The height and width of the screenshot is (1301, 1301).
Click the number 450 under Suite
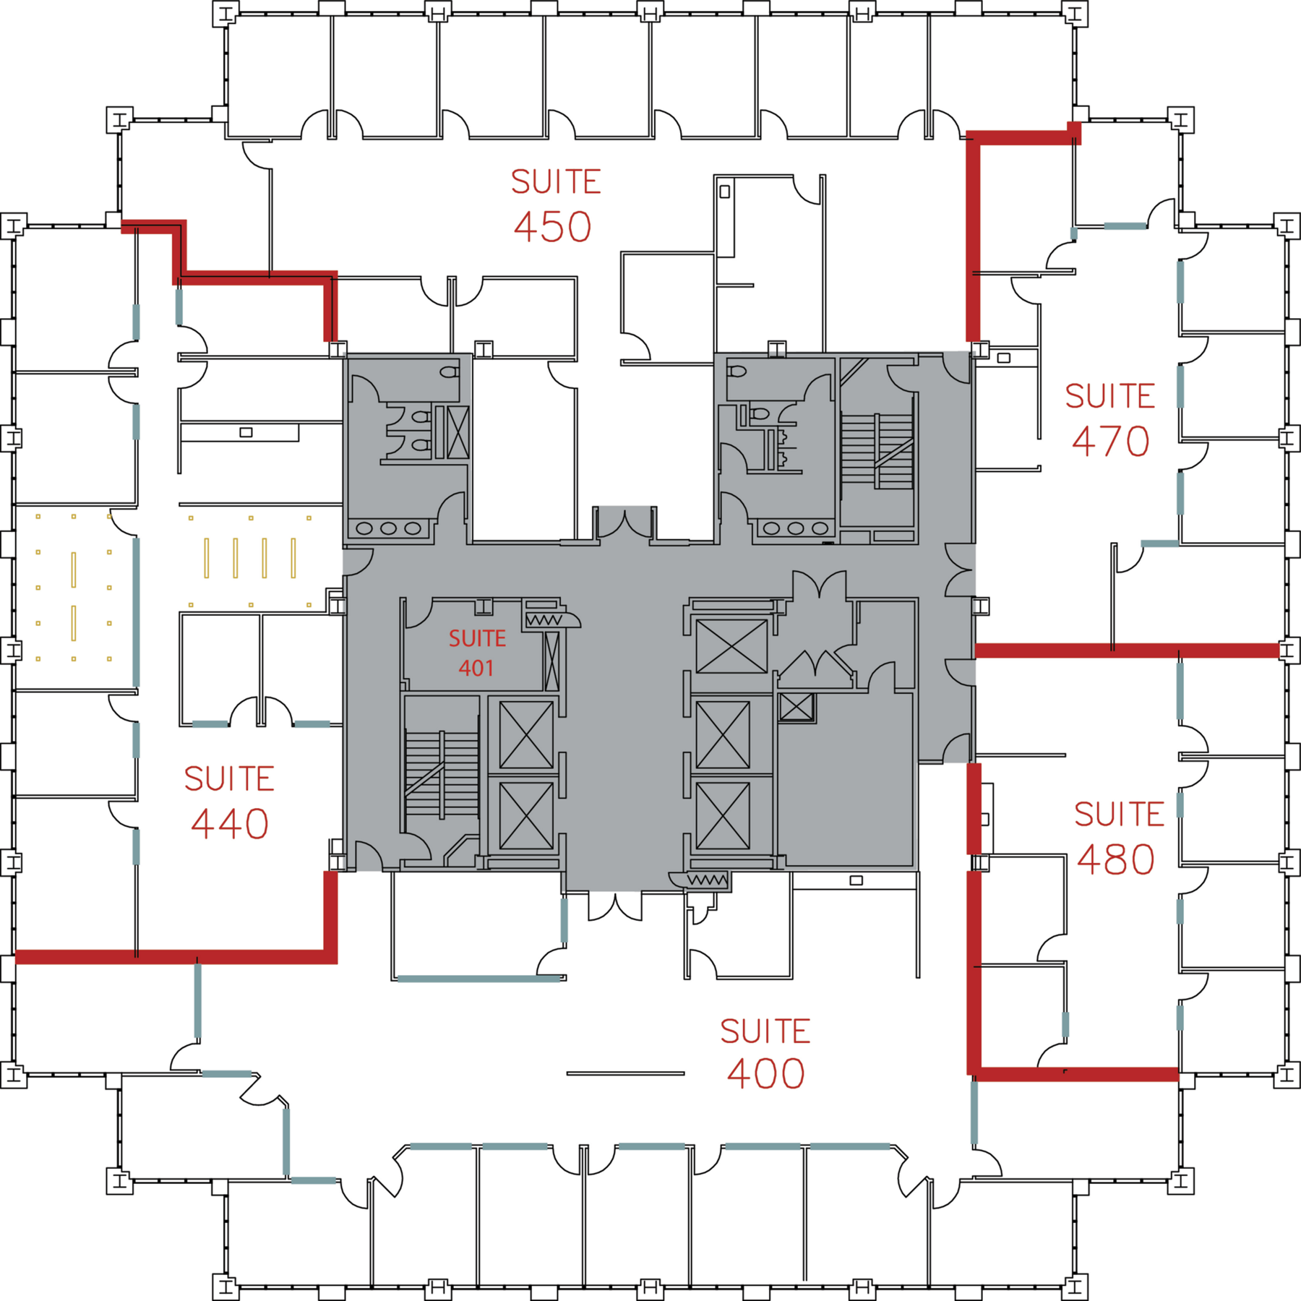(x=553, y=227)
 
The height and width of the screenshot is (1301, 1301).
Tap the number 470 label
(x=1110, y=442)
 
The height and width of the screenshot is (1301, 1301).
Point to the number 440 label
(x=230, y=824)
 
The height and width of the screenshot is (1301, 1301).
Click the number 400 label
(x=766, y=1074)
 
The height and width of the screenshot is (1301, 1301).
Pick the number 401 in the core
(x=476, y=668)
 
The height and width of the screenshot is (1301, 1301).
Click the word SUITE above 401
(x=477, y=638)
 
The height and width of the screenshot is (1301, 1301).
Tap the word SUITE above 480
(x=1119, y=815)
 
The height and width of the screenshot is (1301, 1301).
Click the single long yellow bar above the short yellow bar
(x=74, y=570)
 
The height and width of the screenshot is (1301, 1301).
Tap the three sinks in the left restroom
(x=389, y=528)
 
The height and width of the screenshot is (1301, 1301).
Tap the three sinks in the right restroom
(x=796, y=528)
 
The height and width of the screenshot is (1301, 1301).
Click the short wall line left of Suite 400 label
(x=625, y=1073)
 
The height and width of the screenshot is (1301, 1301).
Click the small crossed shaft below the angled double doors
(x=796, y=707)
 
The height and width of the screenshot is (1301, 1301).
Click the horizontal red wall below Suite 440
(x=173, y=957)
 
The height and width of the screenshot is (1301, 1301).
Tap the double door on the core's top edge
(x=625, y=524)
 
